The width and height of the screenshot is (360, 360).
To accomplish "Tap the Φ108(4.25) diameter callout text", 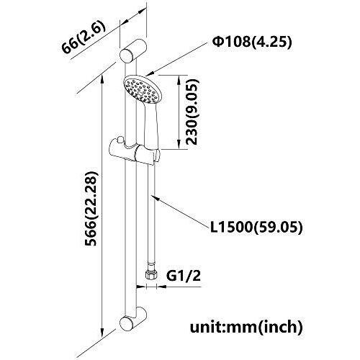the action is [x=252, y=42].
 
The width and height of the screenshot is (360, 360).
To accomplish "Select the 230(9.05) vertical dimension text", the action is [x=193, y=112].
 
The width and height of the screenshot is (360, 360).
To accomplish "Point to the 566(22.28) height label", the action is [x=91, y=209].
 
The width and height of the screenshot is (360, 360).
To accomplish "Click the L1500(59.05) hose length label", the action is [x=256, y=227].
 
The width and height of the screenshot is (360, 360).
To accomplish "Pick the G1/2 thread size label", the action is [x=184, y=276].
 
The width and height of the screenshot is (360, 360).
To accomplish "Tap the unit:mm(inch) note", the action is [x=246, y=327].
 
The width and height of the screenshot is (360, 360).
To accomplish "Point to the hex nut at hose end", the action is [x=151, y=274].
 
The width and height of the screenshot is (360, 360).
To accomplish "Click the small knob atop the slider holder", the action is [x=120, y=140].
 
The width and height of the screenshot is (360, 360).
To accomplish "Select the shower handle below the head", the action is [x=150, y=125].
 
